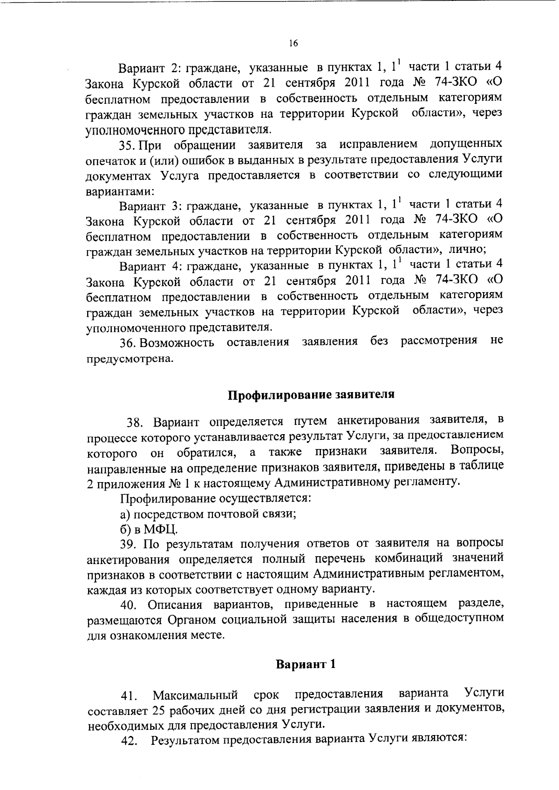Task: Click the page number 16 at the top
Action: (x=293, y=43)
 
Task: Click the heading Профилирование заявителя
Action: (x=311, y=395)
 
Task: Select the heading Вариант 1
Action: (x=306, y=664)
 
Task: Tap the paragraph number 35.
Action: (x=127, y=145)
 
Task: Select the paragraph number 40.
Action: (x=130, y=606)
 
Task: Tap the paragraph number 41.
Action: (x=129, y=696)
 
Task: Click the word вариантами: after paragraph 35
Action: (x=121, y=191)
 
